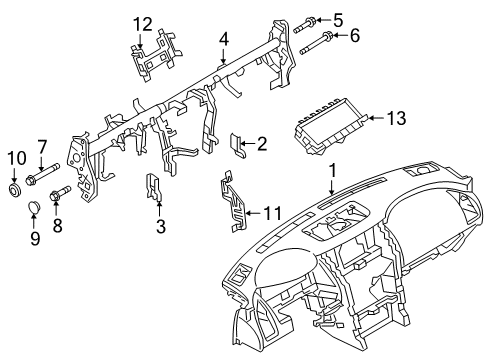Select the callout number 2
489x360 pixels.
262,144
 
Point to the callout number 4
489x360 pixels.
225,39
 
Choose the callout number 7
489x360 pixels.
42,149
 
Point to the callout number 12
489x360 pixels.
145,23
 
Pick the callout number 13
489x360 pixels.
397,119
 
